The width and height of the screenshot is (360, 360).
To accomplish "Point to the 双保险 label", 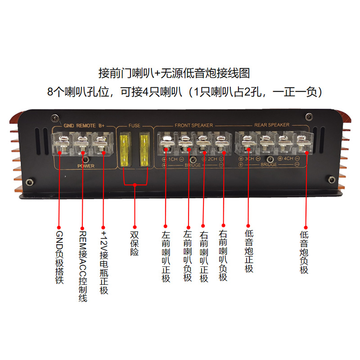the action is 134,243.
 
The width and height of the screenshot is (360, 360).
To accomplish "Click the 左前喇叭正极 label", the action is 166,256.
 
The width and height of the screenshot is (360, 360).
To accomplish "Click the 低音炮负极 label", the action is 304,252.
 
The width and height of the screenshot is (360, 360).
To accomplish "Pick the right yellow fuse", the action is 144,148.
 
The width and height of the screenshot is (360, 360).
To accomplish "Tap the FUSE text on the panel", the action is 135,125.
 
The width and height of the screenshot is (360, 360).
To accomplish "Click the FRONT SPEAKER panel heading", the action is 193,125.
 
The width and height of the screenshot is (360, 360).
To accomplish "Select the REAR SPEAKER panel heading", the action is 273,125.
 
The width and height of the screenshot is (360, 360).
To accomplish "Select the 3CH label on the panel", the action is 249,159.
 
